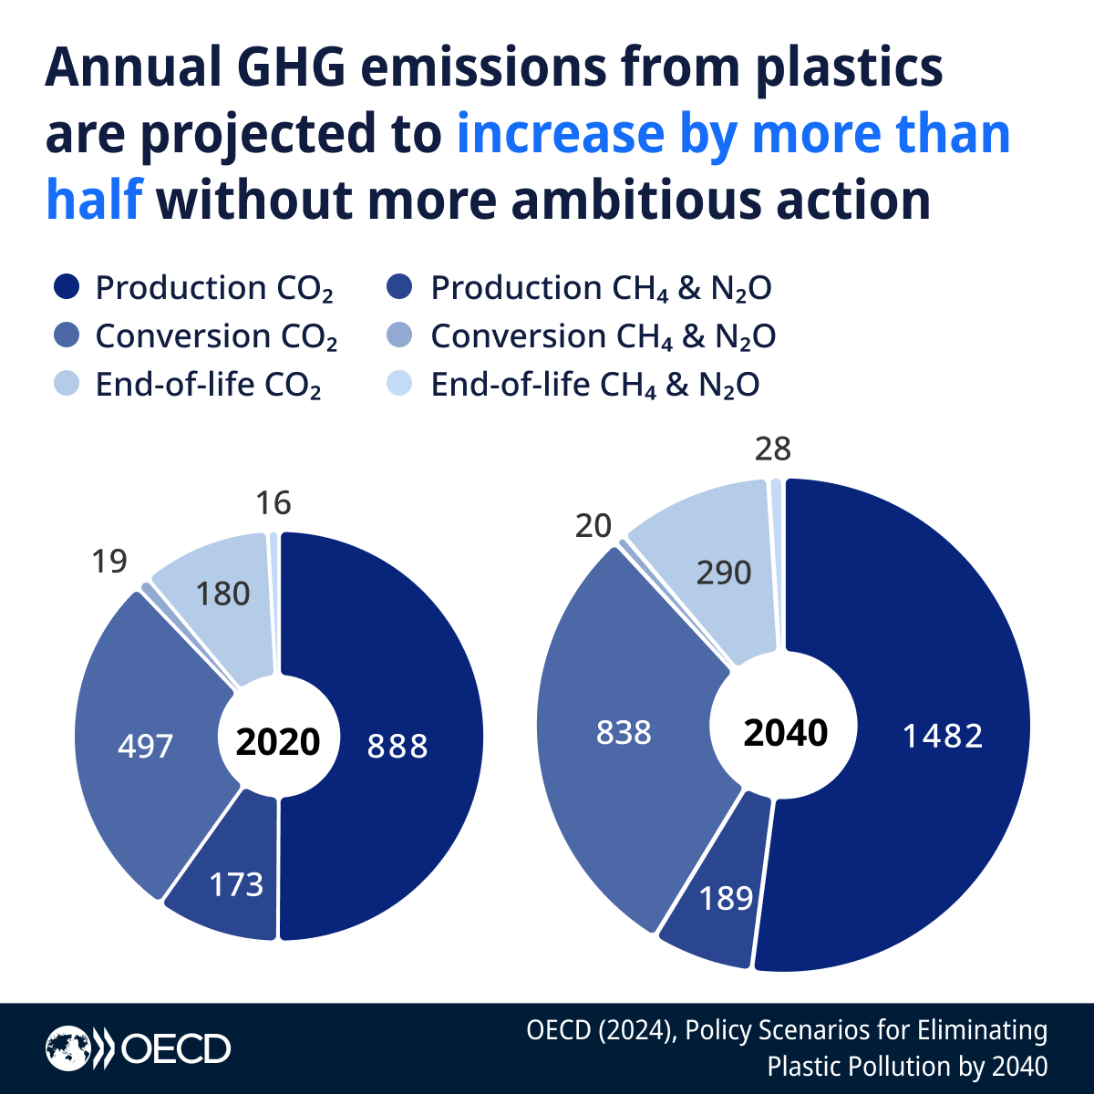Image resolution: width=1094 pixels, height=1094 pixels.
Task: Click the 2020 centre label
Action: tap(278, 742)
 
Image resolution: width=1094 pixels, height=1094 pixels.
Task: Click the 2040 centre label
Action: tap(785, 733)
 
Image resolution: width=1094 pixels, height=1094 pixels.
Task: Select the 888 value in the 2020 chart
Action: tap(397, 747)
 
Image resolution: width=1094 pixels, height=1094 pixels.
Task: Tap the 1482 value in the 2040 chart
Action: tap(943, 736)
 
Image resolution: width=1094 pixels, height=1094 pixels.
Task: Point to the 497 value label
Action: tap(145, 747)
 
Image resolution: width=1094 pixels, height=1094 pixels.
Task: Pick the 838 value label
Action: tap(624, 732)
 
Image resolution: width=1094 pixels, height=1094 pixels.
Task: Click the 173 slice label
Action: tap(236, 884)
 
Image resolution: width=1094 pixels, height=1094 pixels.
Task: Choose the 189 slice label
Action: tap(726, 899)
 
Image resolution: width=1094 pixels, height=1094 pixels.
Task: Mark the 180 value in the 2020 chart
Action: tap(222, 594)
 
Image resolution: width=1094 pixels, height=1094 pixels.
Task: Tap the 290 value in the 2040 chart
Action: tap(724, 573)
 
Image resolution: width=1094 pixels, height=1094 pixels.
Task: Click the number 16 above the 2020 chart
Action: tap(273, 503)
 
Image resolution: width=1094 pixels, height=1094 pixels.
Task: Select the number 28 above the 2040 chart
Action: tap(773, 449)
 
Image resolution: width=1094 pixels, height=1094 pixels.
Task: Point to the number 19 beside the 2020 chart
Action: tap(109, 562)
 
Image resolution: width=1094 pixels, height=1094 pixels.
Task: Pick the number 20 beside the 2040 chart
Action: tap(593, 526)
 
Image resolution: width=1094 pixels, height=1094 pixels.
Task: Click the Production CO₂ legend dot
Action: tap(67, 287)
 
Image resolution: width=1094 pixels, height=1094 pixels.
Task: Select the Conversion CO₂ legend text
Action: tap(217, 336)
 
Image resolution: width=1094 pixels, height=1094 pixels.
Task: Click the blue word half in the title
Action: tap(94, 200)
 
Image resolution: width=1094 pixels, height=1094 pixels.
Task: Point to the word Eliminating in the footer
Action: tap(982, 1030)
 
